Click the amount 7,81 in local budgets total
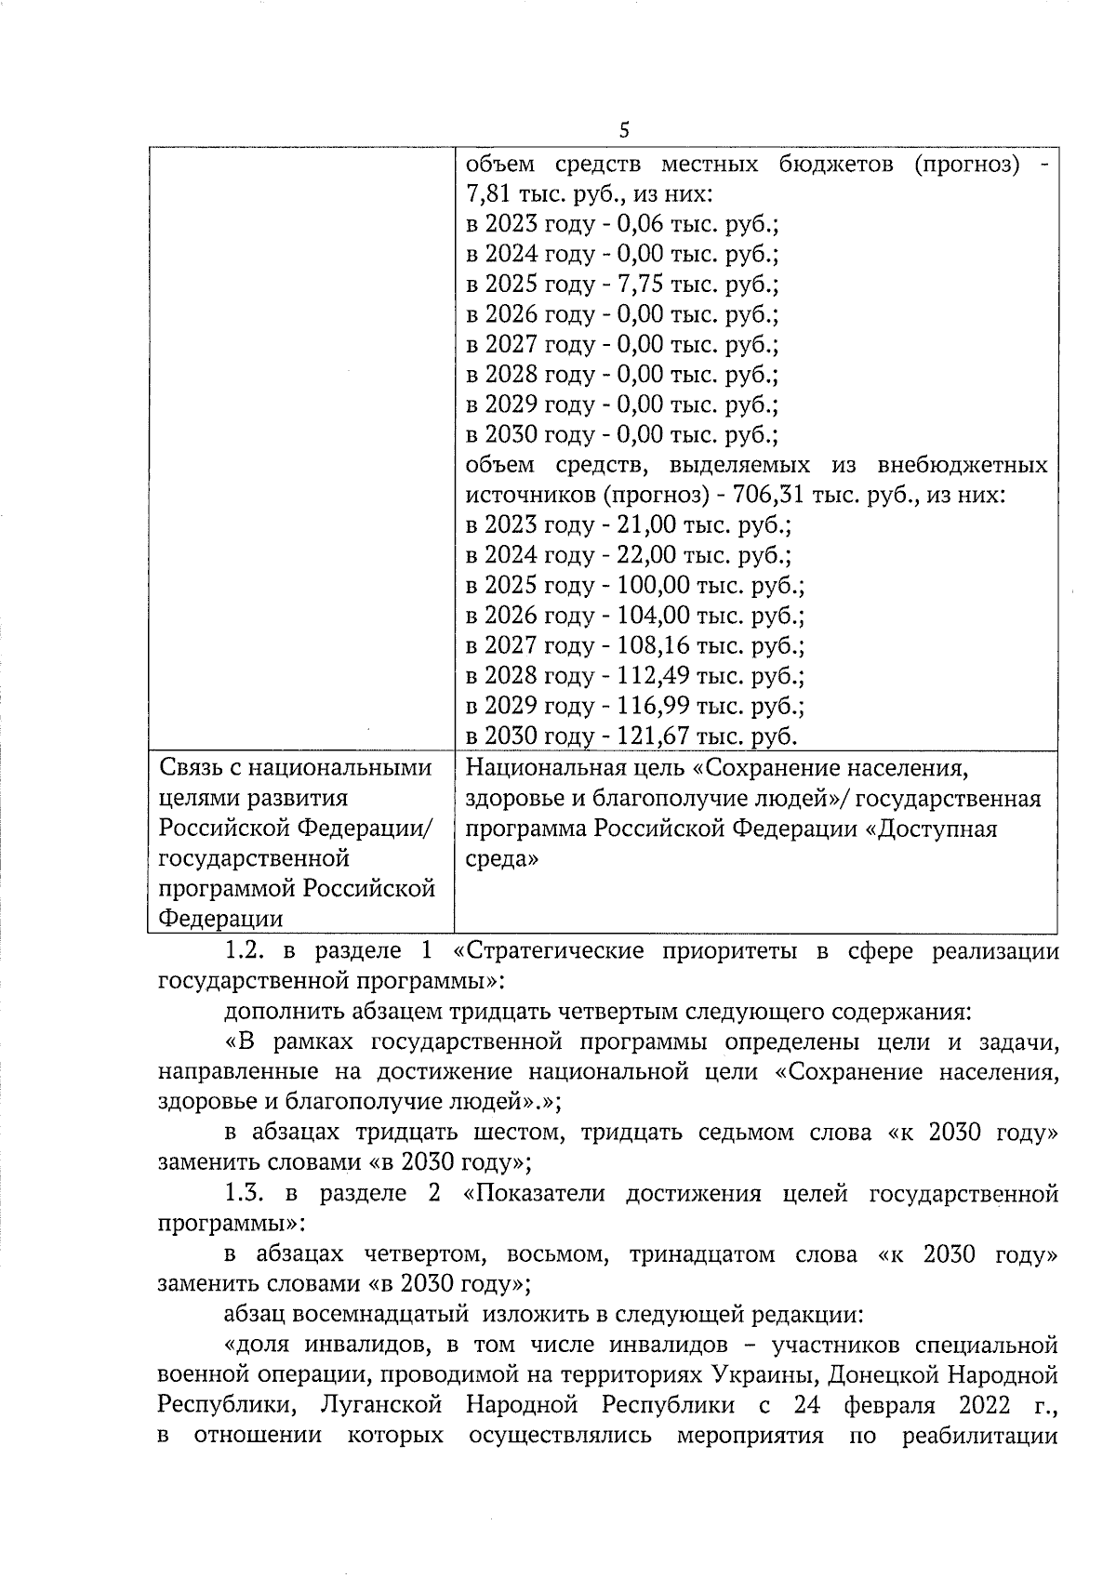(x=489, y=195)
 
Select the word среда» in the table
(x=501, y=859)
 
